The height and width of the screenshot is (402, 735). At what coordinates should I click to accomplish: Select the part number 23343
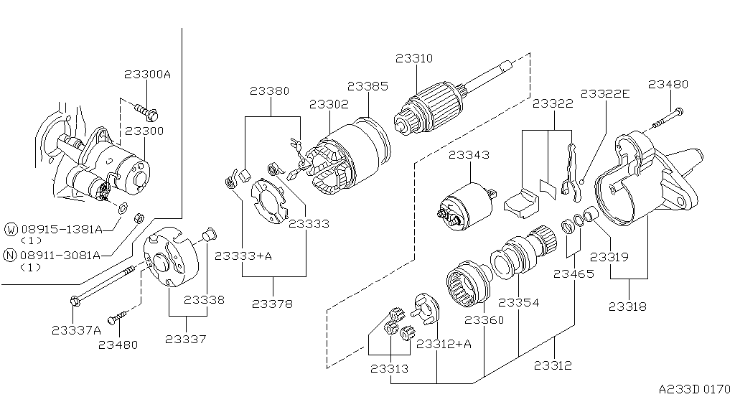[469, 155]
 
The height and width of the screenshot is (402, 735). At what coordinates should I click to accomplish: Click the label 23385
[367, 86]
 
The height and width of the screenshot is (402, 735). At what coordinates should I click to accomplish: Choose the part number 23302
[329, 104]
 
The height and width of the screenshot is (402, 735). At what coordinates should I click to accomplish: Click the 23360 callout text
[485, 319]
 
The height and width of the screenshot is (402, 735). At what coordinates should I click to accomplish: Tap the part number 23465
[574, 273]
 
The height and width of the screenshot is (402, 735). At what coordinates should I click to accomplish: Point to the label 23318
[627, 307]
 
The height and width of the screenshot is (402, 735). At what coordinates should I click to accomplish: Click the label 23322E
[605, 93]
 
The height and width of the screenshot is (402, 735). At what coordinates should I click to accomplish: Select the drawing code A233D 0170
[693, 388]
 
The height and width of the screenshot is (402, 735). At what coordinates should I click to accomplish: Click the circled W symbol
[11, 229]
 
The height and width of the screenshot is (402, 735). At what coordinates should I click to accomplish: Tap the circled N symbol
[11, 255]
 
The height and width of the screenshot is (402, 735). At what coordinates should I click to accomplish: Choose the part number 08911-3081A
[61, 255]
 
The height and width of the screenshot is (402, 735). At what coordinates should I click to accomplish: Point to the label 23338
[204, 300]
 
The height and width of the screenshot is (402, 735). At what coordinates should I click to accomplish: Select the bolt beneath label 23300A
[146, 111]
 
